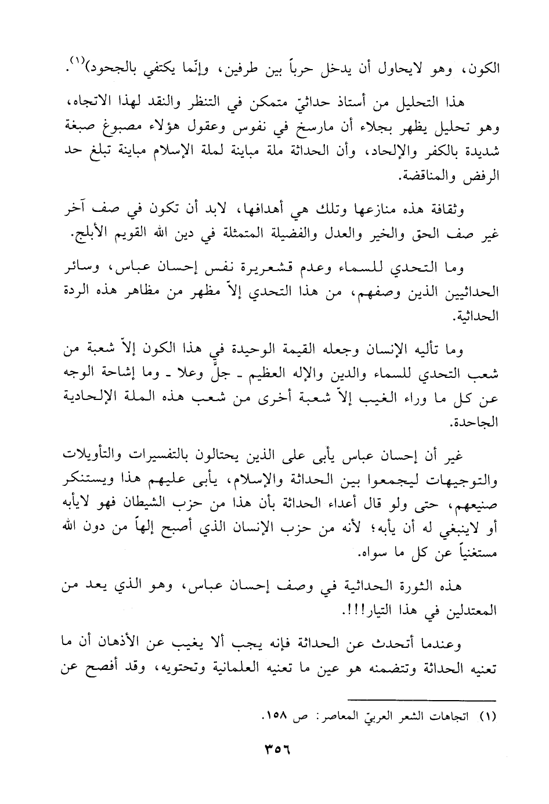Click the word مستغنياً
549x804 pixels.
point(470,553)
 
